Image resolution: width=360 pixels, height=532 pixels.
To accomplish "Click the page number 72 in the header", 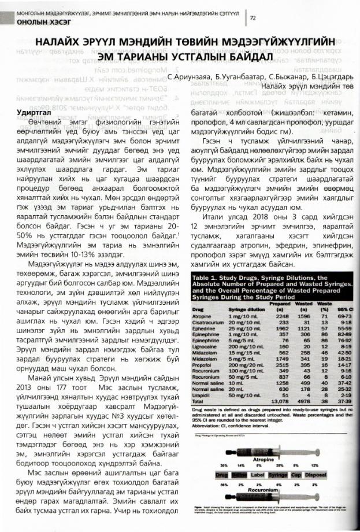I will coord(253,17).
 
